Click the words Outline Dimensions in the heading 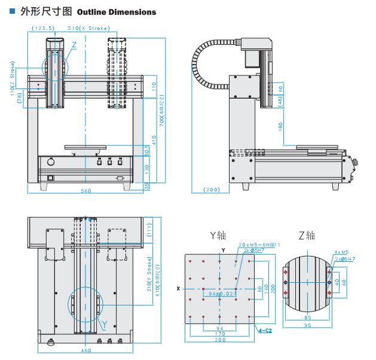click(117, 12)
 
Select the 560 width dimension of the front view click(85, 191)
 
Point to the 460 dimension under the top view click(85, 350)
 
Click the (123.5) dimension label click(43, 28)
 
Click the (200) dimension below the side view click(212, 190)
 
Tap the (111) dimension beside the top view click(151, 228)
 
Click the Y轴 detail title click(218, 235)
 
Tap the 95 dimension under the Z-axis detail click(307, 325)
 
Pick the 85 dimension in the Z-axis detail click(307, 317)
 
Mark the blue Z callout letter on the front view click(74, 45)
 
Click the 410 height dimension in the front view click(154, 139)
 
